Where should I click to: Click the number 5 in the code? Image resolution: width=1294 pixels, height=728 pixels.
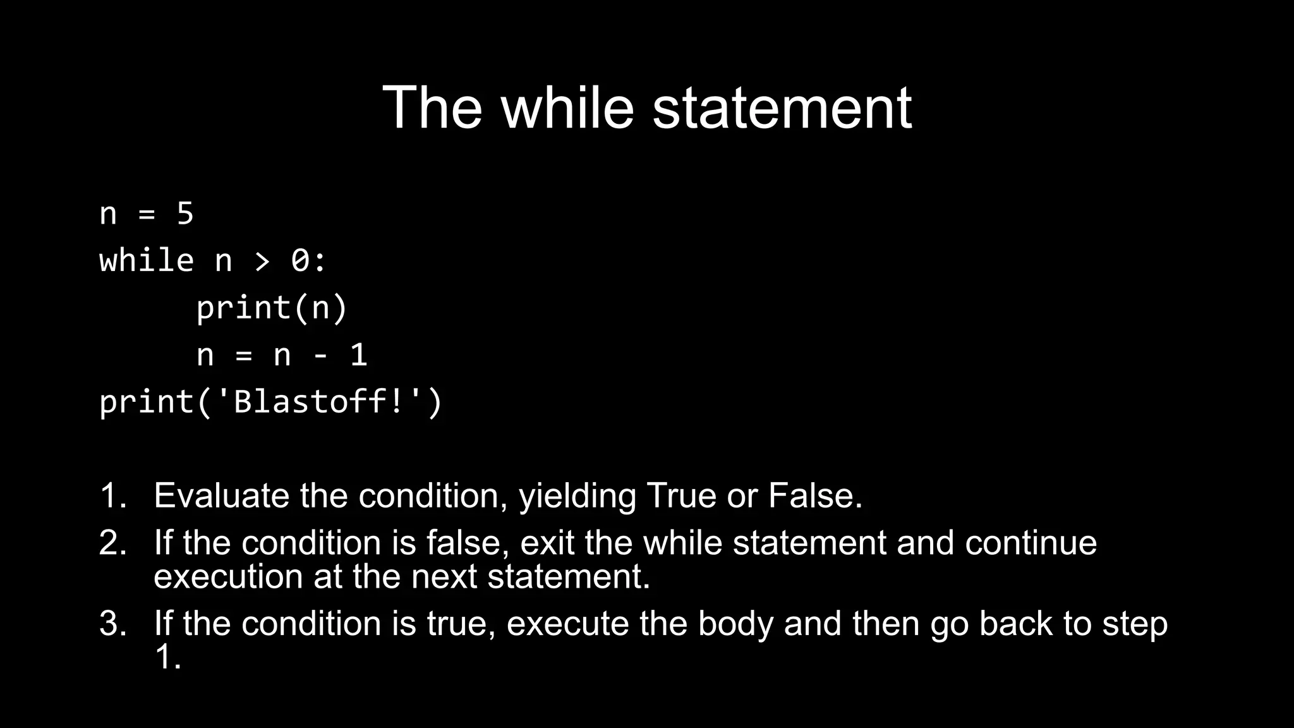(185, 214)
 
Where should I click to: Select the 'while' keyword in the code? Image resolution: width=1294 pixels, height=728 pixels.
(147, 260)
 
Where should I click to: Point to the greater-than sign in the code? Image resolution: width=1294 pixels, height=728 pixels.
(262, 261)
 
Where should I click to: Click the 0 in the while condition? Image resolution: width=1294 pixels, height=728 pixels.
(300, 260)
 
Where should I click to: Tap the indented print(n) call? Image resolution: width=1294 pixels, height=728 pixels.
(272, 308)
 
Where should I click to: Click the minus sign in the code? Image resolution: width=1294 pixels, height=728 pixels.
(320, 356)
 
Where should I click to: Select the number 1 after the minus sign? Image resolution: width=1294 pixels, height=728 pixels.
(358, 355)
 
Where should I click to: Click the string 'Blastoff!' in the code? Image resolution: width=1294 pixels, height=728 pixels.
(319, 402)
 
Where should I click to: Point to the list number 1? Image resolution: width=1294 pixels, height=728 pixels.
(112, 495)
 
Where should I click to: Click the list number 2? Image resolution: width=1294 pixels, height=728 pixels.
(112, 543)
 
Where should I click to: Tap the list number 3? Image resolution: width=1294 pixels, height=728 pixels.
(112, 624)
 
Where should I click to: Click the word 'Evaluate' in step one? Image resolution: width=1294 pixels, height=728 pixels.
(222, 495)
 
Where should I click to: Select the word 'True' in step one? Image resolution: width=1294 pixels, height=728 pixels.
(681, 495)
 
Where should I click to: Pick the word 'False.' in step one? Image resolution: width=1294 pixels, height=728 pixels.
(815, 495)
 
